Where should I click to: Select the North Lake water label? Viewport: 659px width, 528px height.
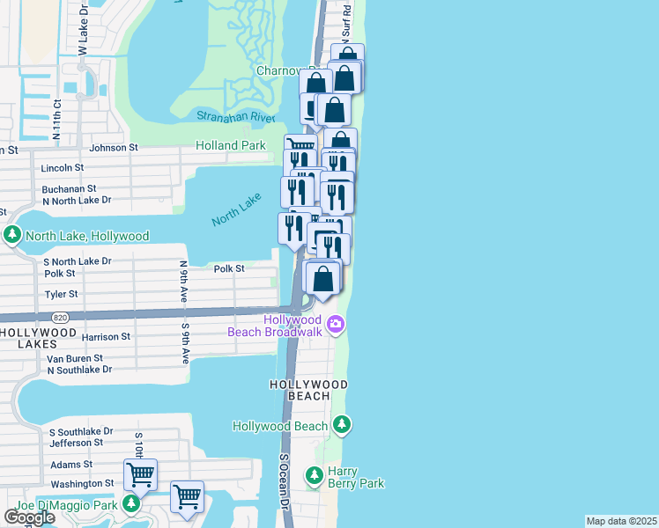tap(238, 211)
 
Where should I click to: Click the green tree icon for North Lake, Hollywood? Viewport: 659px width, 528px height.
tap(12, 236)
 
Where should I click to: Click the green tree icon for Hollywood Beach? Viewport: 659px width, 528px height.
tap(341, 426)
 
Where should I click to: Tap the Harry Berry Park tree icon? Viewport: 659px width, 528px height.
tap(314, 476)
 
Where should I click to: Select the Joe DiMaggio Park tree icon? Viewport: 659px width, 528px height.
tap(130, 504)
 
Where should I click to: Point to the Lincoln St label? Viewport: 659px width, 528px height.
tap(63, 167)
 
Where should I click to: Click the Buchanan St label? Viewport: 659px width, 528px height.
tap(68, 188)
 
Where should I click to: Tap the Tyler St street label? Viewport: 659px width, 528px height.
tap(61, 294)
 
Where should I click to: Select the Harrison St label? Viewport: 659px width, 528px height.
tap(106, 336)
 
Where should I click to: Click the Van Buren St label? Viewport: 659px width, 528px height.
tap(75, 358)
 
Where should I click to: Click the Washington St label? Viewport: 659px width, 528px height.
tap(82, 483)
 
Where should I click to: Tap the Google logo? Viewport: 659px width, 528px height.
tap(29, 517)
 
